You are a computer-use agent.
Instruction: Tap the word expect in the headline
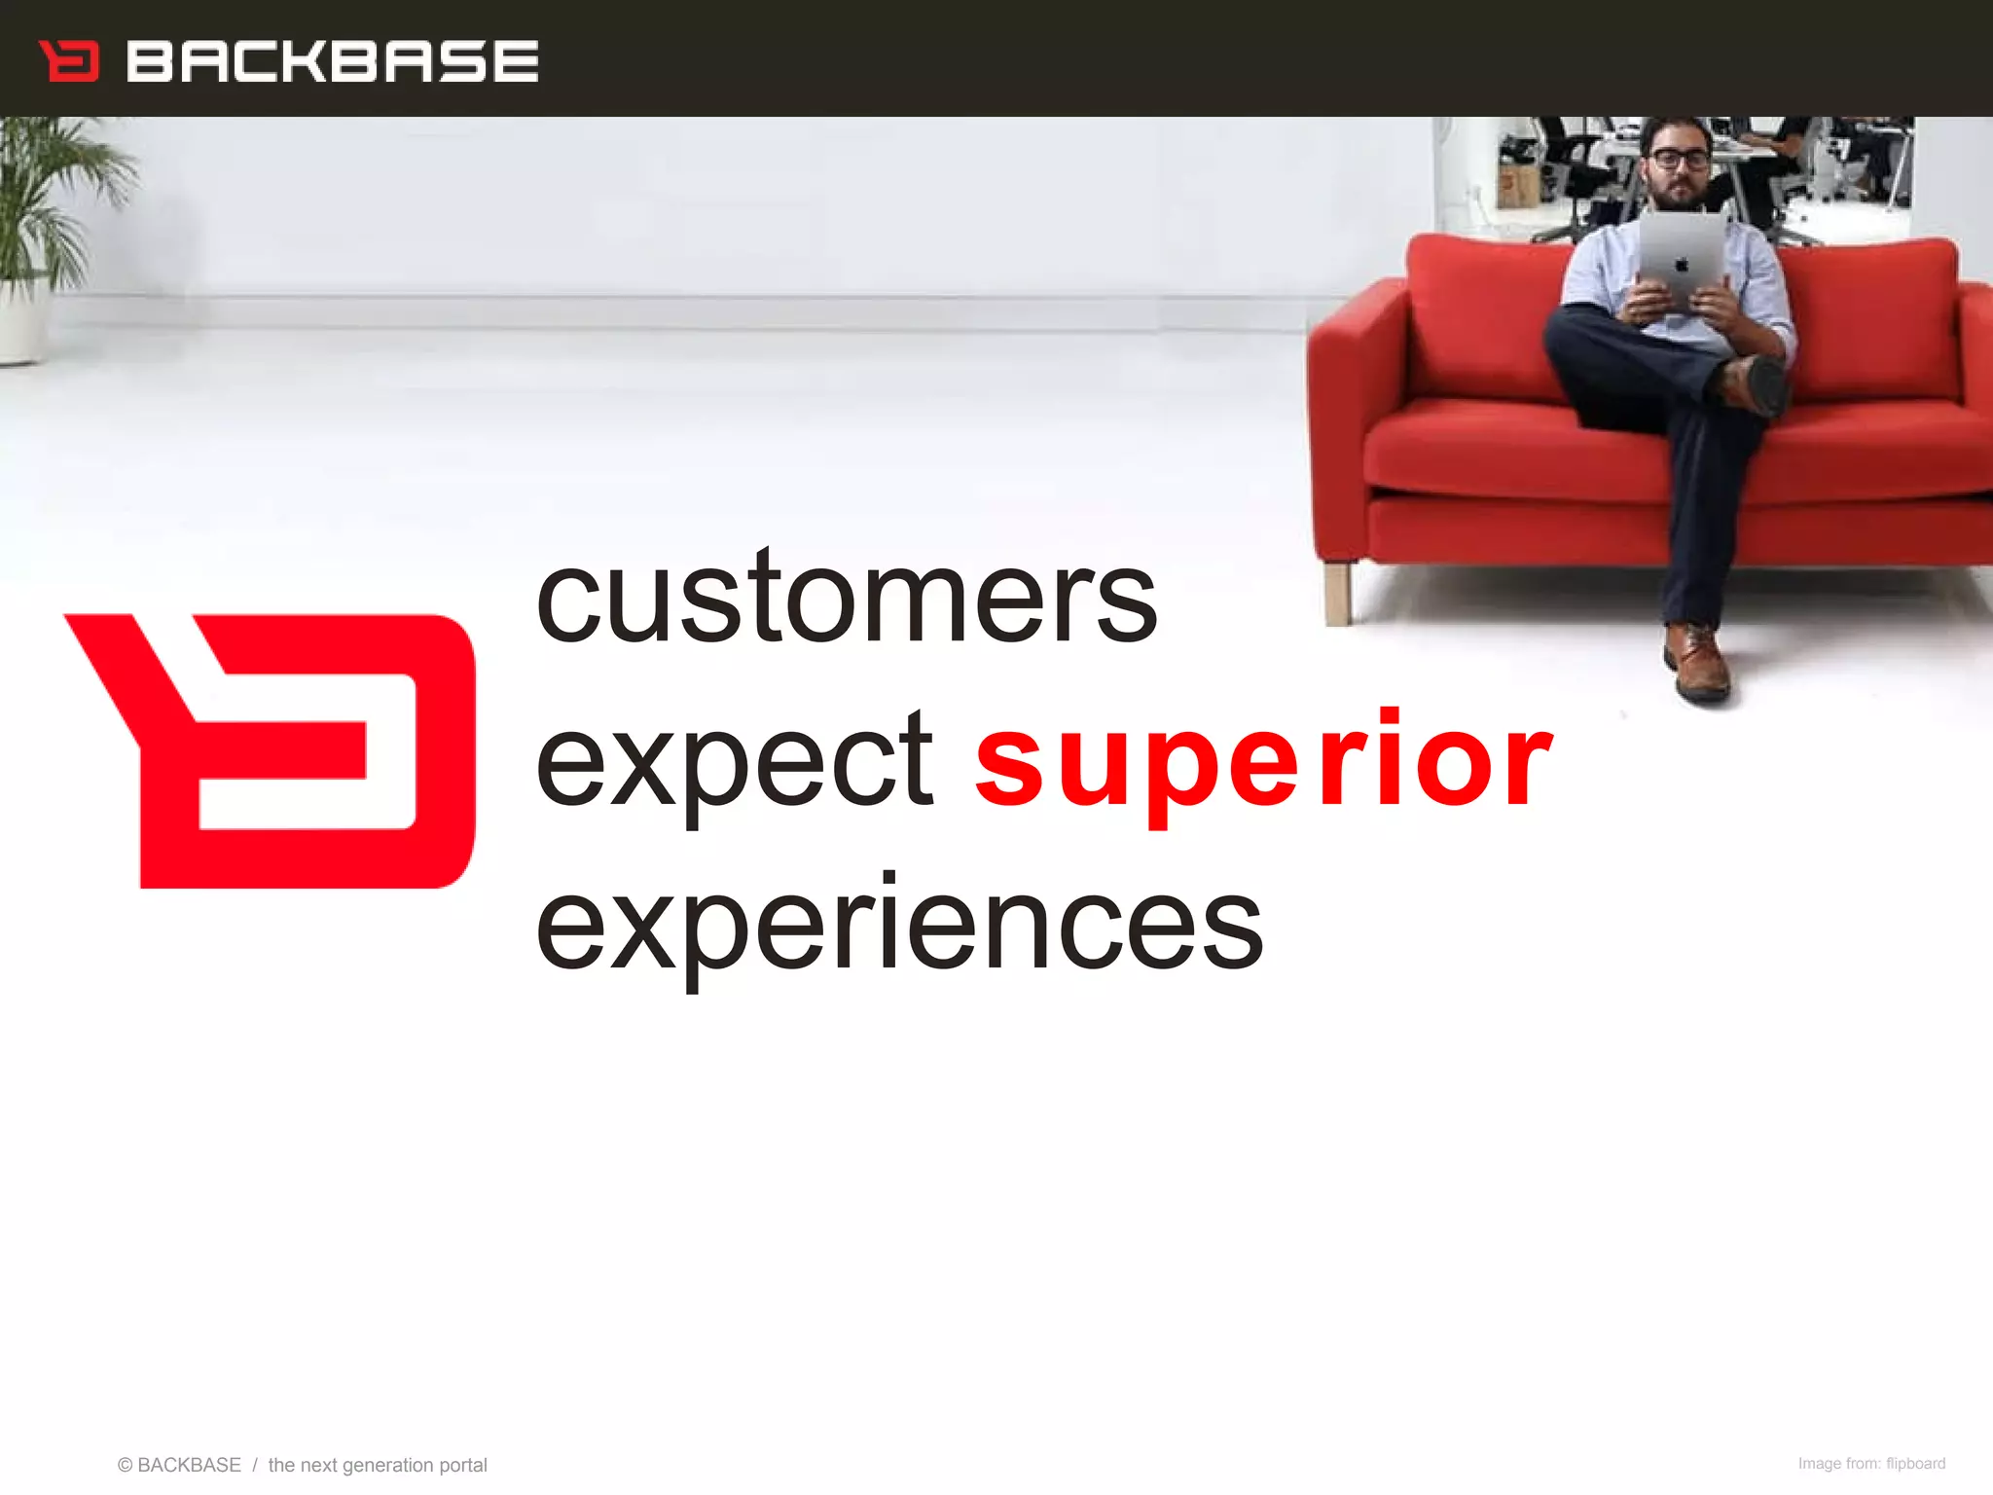click(x=735, y=764)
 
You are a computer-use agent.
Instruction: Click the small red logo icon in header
click(x=69, y=60)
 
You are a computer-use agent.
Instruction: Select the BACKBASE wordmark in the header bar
click(x=332, y=61)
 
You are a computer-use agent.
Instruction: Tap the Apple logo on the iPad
click(x=1682, y=265)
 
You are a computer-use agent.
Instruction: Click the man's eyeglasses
click(x=1679, y=158)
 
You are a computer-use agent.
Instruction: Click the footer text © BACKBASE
click(x=179, y=1465)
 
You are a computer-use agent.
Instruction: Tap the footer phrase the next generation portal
click(x=378, y=1465)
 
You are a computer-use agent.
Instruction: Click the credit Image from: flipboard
click(x=1870, y=1464)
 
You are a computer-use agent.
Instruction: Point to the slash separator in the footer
click(x=255, y=1465)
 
